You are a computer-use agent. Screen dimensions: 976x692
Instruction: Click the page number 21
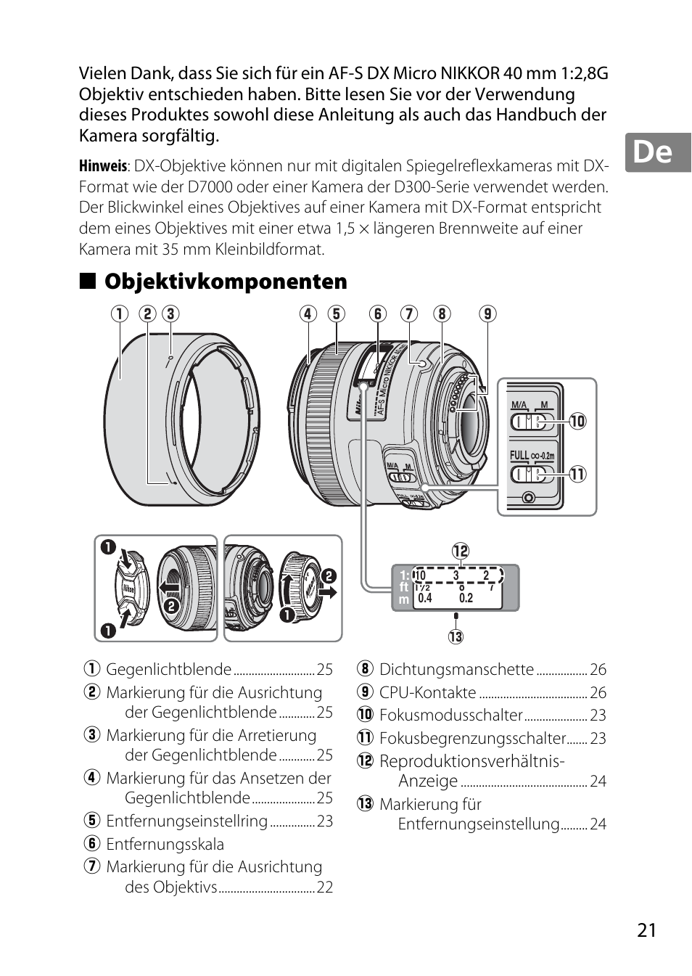[x=646, y=931]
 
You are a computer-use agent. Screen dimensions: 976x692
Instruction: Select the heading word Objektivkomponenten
[x=226, y=282]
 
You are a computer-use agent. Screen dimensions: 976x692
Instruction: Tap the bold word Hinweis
[x=102, y=166]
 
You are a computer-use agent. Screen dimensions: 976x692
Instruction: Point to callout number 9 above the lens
[x=487, y=313]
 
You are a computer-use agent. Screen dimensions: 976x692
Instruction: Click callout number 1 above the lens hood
[x=119, y=313]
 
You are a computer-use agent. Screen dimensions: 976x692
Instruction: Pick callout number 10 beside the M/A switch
[x=577, y=421]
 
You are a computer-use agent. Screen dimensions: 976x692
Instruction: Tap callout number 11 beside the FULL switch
[x=577, y=475]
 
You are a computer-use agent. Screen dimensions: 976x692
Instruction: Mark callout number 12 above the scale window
[x=461, y=551]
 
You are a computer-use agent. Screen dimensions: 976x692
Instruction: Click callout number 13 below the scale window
[x=456, y=637]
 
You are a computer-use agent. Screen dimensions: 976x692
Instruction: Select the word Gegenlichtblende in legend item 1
[x=168, y=670]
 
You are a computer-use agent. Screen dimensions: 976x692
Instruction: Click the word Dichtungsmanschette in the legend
[x=456, y=670]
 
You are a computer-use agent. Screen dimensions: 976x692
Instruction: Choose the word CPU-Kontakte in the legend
[x=427, y=693]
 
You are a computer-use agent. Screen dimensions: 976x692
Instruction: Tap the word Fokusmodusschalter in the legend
[x=450, y=715]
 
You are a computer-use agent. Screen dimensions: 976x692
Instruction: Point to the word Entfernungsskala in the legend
[x=165, y=845]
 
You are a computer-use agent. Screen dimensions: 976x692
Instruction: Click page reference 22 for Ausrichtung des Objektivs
[x=324, y=887]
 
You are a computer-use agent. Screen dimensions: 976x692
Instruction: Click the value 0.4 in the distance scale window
[x=425, y=598]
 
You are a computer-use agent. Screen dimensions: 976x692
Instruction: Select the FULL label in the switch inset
[x=519, y=456]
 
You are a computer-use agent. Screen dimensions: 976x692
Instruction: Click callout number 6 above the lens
[x=377, y=313]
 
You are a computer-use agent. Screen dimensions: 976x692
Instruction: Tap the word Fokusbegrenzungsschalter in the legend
[x=472, y=739]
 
